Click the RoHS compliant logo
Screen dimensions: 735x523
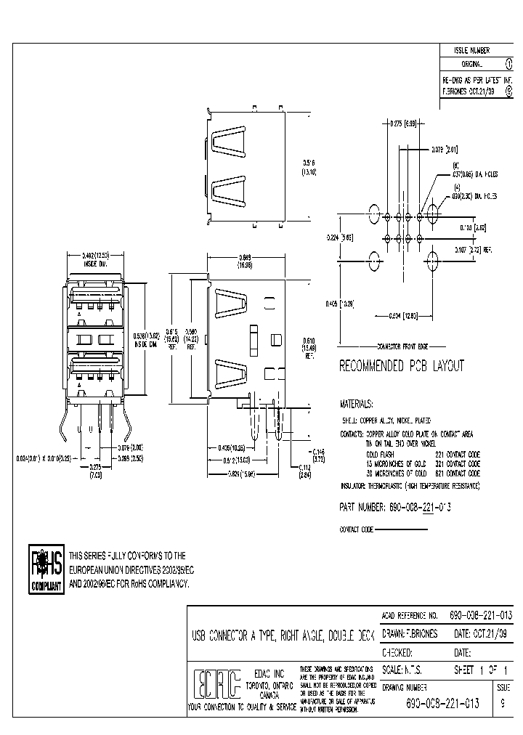tap(46, 569)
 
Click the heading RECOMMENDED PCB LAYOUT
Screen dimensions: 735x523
tap(401, 366)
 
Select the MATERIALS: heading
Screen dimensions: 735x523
tap(357, 403)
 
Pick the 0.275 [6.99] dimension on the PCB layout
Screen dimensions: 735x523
tap(402, 124)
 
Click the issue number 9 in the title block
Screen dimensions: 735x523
tap(503, 703)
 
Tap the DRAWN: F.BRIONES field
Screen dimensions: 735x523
tap(410, 633)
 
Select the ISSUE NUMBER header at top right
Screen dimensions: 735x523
tap(471, 51)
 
